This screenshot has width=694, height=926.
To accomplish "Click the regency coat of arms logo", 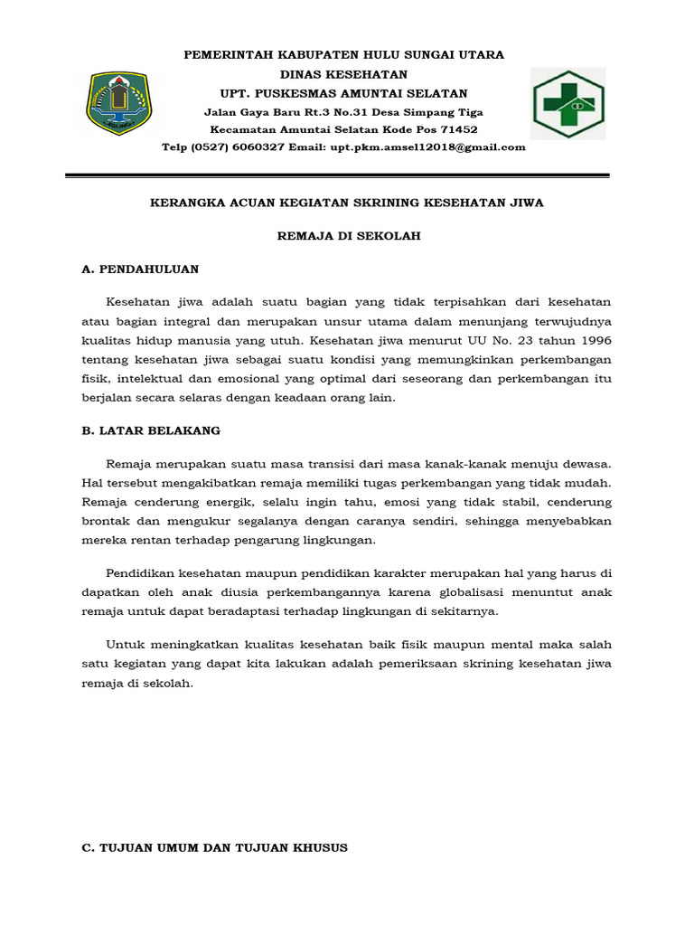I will coord(119,102).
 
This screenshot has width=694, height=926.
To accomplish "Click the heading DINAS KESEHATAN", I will coord(343,73).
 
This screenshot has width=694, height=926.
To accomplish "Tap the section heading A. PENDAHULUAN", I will coord(140,269).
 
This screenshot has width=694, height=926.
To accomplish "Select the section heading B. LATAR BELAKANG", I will coord(151,430).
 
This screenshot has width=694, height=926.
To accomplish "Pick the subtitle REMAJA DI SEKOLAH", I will coord(348,236).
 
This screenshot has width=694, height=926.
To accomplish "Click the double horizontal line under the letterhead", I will coord(347,175).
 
